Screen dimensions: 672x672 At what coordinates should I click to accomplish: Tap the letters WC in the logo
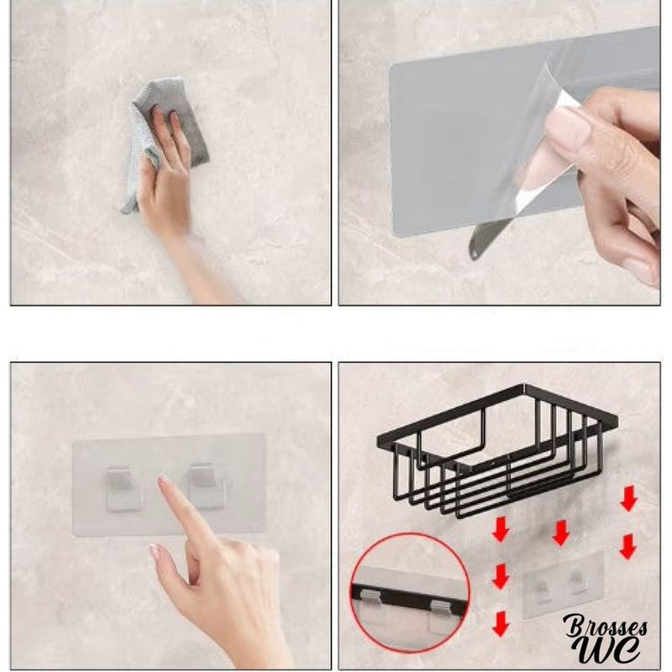[x=615, y=648]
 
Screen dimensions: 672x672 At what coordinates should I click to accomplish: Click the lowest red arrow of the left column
[x=501, y=623]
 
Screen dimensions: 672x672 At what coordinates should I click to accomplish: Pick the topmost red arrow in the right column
[x=627, y=501]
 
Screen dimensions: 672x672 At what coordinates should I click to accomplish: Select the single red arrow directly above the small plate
[x=561, y=532]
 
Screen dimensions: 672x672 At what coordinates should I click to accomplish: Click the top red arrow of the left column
[x=501, y=530]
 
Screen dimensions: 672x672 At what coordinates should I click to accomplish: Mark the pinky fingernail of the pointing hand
[x=155, y=552]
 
